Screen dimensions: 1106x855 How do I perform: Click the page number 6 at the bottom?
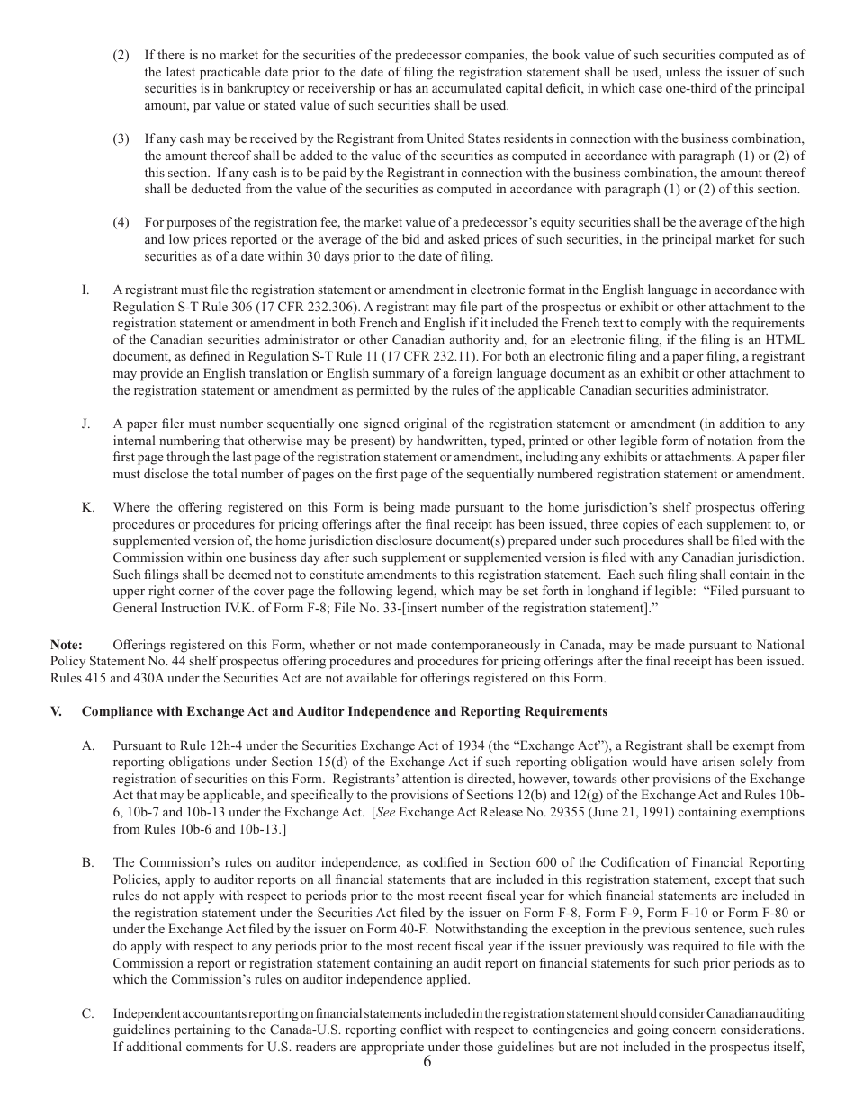pyautogui.click(x=427, y=1062)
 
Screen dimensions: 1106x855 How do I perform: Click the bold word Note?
pyautogui.click(x=66, y=645)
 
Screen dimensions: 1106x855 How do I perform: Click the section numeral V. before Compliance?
pyautogui.click(x=56, y=711)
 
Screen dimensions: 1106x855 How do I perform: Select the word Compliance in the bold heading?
pyautogui.click(x=114, y=711)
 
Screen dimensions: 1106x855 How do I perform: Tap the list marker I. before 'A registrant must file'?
pyautogui.click(x=85, y=290)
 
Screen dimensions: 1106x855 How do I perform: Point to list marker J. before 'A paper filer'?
pyautogui.click(x=85, y=424)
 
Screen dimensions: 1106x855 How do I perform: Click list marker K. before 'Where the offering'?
pyautogui.click(x=87, y=508)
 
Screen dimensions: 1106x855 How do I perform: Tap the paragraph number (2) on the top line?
pyautogui.click(x=121, y=56)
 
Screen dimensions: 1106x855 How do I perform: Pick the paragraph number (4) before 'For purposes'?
pyautogui.click(x=121, y=222)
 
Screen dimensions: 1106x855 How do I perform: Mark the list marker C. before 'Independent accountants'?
pyautogui.click(x=87, y=1014)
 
